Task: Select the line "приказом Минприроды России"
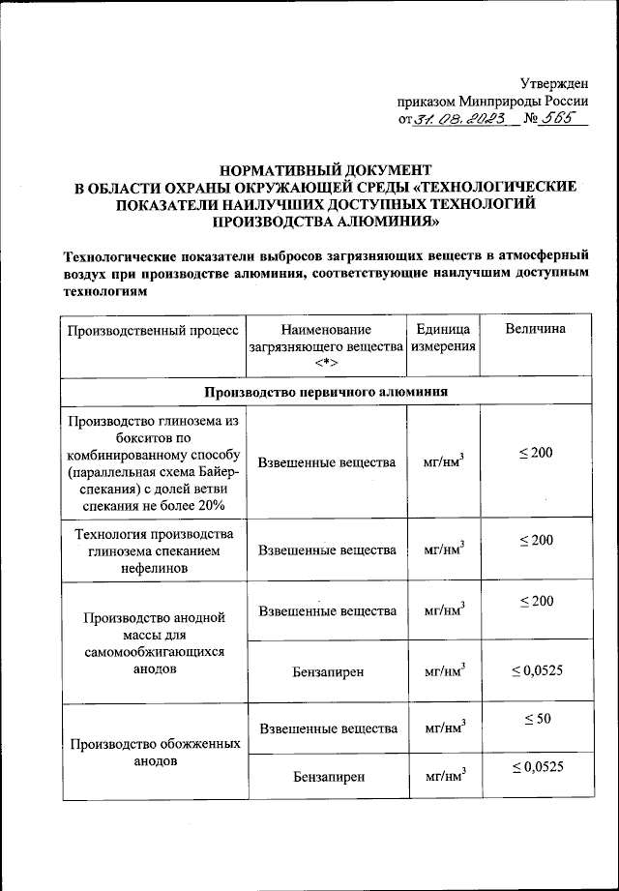pos(492,101)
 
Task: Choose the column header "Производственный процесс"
pos(152,331)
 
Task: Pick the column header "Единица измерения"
pos(444,339)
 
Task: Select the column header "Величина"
pos(535,330)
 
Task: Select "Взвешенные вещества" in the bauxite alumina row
pos(327,462)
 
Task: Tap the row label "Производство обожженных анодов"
pos(152,753)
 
